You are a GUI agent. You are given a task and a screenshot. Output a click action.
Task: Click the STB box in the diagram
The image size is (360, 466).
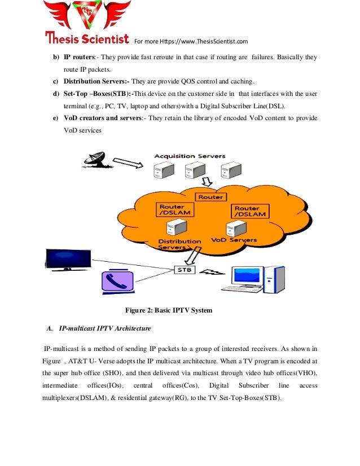click(x=185, y=270)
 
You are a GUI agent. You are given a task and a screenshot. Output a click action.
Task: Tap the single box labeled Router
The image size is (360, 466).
click(x=210, y=197)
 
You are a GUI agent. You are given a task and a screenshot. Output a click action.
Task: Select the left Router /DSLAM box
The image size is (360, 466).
click(x=174, y=210)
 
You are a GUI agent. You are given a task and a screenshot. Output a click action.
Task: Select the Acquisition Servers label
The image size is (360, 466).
click(x=190, y=156)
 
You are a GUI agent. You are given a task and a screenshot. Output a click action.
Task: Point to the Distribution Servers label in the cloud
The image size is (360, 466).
click(x=179, y=244)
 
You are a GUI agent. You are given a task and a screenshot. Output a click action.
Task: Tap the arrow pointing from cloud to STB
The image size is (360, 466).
click(x=194, y=257)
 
